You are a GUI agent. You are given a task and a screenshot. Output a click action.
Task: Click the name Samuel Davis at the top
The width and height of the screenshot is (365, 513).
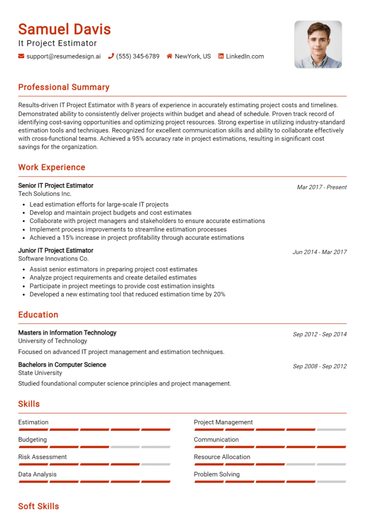click(64, 30)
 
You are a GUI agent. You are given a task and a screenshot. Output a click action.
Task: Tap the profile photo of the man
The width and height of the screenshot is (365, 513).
click(318, 44)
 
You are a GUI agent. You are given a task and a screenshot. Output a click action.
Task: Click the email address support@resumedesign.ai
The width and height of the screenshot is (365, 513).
click(63, 56)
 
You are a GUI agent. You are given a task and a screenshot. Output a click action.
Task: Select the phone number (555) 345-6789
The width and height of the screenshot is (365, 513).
click(137, 56)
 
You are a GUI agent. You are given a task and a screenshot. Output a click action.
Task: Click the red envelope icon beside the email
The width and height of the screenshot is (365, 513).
click(21, 56)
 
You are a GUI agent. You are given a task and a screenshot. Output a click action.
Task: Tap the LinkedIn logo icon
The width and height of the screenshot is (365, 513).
click(221, 56)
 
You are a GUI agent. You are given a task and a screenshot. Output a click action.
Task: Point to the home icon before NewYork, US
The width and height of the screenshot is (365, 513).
click(169, 56)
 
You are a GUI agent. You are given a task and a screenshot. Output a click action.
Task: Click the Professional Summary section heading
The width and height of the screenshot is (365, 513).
click(64, 87)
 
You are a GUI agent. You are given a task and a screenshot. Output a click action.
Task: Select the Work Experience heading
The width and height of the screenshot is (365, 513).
click(51, 167)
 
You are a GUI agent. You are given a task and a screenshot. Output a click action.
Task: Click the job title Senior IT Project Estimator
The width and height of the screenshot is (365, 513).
click(56, 186)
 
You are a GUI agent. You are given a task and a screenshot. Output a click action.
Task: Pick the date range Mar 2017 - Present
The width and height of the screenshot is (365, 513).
click(322, 187)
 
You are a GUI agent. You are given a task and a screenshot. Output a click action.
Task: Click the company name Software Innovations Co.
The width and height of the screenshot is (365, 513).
click(53, 259)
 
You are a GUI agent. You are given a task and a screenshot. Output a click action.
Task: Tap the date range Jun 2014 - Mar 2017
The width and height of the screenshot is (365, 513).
click(319, 252)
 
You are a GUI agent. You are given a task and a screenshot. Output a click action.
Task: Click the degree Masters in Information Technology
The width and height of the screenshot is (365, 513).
click(67, 333)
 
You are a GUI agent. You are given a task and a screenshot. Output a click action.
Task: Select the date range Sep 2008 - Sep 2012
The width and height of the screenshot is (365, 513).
click(319, 366)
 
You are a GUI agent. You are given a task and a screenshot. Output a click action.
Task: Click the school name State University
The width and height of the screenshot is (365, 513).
click(40, 373)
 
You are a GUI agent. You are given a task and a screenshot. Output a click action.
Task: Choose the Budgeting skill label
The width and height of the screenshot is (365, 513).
click(32, 440)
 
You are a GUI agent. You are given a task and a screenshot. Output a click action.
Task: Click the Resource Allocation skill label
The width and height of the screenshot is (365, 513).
click(222, 457)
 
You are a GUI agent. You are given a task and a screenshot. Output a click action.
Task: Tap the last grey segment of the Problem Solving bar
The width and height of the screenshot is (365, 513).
click(331, 482)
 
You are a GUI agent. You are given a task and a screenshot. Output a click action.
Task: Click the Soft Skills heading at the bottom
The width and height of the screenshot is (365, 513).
click(38, 506)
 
